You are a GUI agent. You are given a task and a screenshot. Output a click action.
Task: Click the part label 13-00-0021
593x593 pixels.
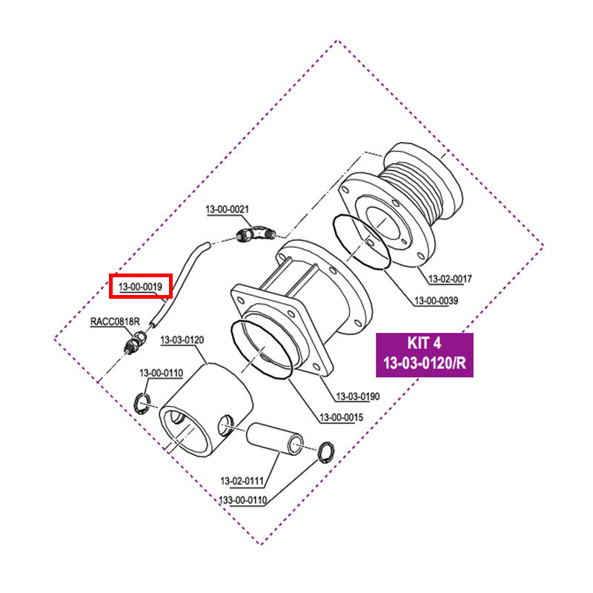click(x=227, y=211)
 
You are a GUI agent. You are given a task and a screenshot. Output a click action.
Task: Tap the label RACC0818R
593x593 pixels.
click(x=114, y=322)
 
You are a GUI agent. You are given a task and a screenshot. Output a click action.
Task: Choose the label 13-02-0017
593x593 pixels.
click(x=451, y=279)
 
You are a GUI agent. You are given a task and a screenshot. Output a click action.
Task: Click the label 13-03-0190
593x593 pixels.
click(x=358, y=397)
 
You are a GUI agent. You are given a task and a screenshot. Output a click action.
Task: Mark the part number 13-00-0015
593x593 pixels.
click(x=342, y=417)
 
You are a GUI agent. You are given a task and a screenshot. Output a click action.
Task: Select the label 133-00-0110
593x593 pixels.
click(x=244, y=500)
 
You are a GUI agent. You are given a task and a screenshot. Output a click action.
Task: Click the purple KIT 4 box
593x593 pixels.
click(x=424, y=355)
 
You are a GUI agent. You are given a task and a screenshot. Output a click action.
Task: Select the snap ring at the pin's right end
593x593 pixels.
click(x=325, y=451)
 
